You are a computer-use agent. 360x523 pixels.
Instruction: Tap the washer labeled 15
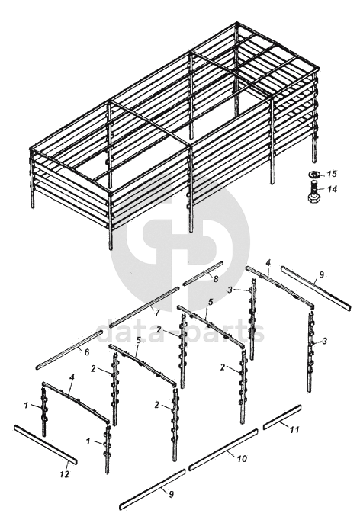(x=314, y=174)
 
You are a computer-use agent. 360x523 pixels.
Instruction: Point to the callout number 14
(x=333, y=189)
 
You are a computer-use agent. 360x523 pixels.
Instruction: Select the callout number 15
(x=332, y=174)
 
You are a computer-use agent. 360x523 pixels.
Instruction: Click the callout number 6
(x=86, y=352)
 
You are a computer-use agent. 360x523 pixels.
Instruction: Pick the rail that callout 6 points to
(x=69, y=349)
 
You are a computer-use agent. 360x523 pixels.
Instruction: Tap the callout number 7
(x=156, y=312)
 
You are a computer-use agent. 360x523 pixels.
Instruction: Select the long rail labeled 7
(x=144, y=306)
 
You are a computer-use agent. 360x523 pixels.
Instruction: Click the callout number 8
(x=216, y=278)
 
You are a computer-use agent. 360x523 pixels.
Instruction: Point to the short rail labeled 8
(x=203, y=274)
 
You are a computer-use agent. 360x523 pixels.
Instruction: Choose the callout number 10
(x=243, y=459)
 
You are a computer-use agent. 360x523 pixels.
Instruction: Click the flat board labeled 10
(x=223, y=449)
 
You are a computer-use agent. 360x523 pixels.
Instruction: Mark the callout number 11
(x=294, y=430)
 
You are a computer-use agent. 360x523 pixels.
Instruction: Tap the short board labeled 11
(x=282, y=417)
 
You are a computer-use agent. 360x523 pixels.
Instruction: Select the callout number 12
(x=64, y=473)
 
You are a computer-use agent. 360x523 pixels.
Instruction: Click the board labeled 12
(x=45, y=444)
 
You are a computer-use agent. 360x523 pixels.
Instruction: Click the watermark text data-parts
(x=181, y=331)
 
